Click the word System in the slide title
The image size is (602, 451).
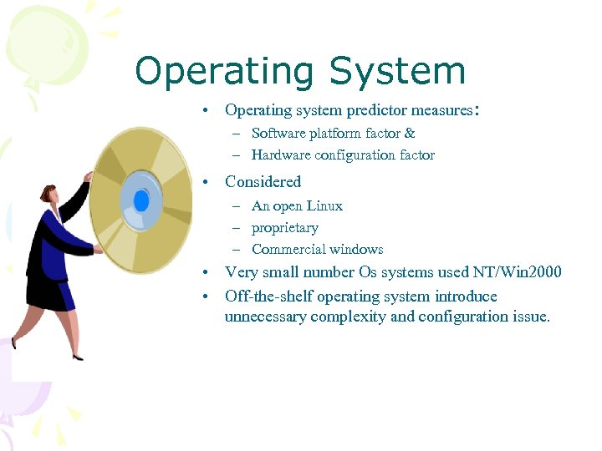click(x=397, y=72)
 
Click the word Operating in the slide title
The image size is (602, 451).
click(x=225, y=72)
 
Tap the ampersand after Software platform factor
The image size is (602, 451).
click(x=410, y=133)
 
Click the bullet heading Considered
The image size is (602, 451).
click(x=263, y=181)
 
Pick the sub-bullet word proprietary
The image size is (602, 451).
click(x=284, y=227)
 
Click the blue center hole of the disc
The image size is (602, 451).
click(x=141, y=200)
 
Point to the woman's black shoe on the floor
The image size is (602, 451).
click(x=77, y=357)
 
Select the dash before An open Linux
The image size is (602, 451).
click(x=237, y=206)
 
